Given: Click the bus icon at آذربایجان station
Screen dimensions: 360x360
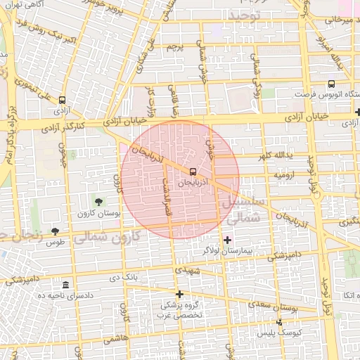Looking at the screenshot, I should click(192, 171).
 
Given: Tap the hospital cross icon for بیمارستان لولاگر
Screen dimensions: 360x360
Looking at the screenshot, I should click(226, 240).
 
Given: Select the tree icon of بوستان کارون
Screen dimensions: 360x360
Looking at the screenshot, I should click(97, 202).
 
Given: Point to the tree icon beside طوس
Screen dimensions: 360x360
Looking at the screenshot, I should click(55, 231).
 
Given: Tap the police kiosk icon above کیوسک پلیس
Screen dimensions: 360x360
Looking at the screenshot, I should click(279, 321).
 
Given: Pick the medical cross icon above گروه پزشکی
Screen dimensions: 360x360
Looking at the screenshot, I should click(179, 294).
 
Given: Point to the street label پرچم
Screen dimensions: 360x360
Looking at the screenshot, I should click(174, 46).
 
